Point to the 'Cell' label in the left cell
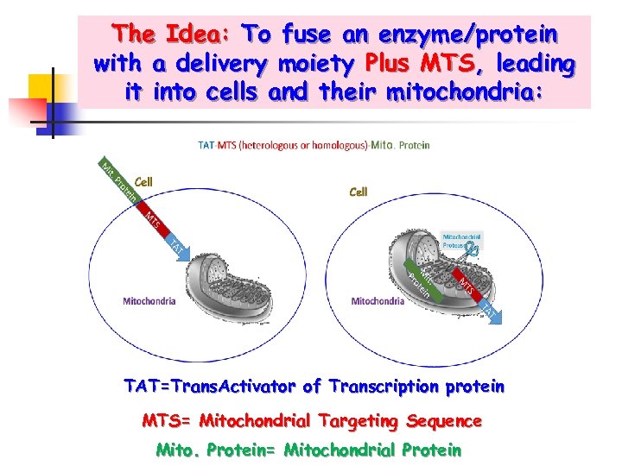(x=143, y=182)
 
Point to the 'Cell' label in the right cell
(x=359, y=192)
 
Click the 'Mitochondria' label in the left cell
(x=149, y=301)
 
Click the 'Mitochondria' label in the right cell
(x=378, y=301)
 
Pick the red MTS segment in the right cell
(x=465, y=284)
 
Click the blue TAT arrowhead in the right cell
(x=489, y=312)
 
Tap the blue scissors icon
(x=471, y=252)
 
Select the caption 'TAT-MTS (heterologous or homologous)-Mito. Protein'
(x=313, y=146)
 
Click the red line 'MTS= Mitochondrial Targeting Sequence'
(x=311, y=421)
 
